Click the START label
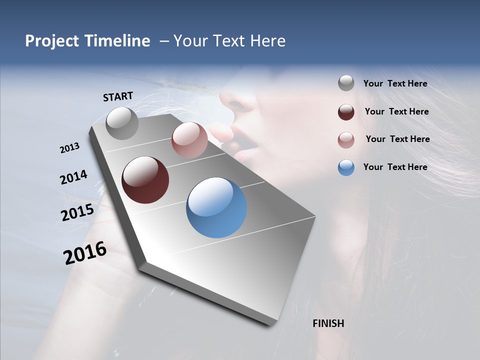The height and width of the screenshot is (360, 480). (118, 96)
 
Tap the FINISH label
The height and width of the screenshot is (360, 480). (328, 323)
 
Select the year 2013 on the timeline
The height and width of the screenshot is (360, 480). (69, 148)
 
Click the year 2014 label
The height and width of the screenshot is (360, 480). (73, 177)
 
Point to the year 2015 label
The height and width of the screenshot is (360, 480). (77, 212)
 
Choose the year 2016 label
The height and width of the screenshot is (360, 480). (85, 253)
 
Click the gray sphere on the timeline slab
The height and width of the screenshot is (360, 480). (122, 123)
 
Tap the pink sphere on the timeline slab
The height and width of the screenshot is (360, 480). (189, 140)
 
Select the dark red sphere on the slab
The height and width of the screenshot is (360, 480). (145, 180)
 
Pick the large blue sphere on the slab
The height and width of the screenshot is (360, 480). (216, 207)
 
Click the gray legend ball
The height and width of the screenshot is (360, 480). (346, 83)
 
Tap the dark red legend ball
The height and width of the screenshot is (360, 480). (346, 112)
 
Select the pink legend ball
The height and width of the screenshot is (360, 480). (346, 140)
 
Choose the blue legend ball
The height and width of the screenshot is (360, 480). (346, 167)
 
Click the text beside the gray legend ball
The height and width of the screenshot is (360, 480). (395, 83)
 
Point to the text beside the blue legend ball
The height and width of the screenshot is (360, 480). (395, 167)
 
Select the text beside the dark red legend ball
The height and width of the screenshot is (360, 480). (396, 111)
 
